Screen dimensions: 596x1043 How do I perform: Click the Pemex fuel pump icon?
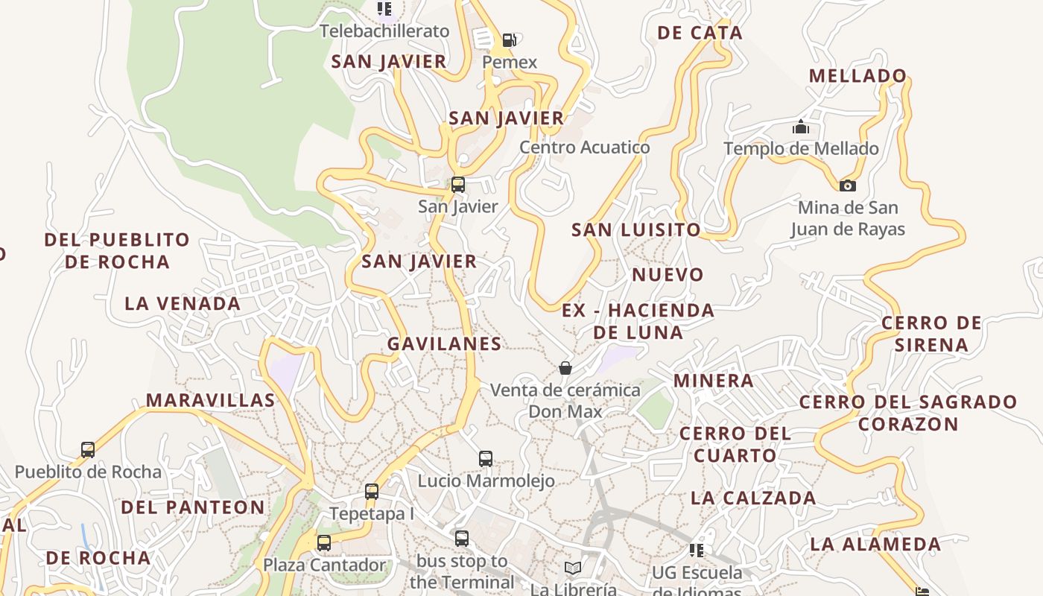pyautogui.click(x=510, y=39)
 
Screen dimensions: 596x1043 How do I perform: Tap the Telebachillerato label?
pyautogui.click(x=384, y=31)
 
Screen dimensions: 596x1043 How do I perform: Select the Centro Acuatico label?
pyautogui.click(x=584, y=147)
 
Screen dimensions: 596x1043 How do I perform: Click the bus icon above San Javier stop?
pyautogui.click(x=458, y=184)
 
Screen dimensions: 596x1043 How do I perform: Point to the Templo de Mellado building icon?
pyautogui.click(x=801, y=127)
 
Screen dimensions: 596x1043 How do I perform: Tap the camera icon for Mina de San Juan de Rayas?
pyautogui.click(x=847, y=186)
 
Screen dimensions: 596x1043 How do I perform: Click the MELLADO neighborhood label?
pyautogui.click(x=857, y=75)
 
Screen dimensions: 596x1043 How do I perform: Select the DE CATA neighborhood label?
pyautogui.click(x=700, y=32)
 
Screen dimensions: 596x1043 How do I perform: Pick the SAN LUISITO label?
pyautogui.click(x=636, y=229)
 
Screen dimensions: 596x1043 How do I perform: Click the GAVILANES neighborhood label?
pyautogui.click(x=444, y=343)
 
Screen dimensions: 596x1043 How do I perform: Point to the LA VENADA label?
pyautogui.click(x=183, y=303)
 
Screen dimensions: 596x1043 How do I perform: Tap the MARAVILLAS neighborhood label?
pyautogui.click(x=210, y=400)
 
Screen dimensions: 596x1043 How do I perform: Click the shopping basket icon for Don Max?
pyautogui.click(x=565, y=368)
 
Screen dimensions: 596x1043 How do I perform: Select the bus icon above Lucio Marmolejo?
pyautogui.click(x=486, y=458)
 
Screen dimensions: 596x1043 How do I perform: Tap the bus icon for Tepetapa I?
pyautogui.click(x=372, y=492)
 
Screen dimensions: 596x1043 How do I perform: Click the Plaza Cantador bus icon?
pyautogui.click(x=324, y=542)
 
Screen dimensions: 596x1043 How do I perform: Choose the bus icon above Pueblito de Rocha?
pyautogui.click(x=88, y=449)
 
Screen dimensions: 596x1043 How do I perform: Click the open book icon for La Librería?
pyautogui.click(x=572, y=568)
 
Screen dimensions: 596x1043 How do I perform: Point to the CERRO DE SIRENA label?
pyautogui.click(x=931, y=333)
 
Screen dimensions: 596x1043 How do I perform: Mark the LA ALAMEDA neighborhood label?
pyautogui.click(x=875, y=544)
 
